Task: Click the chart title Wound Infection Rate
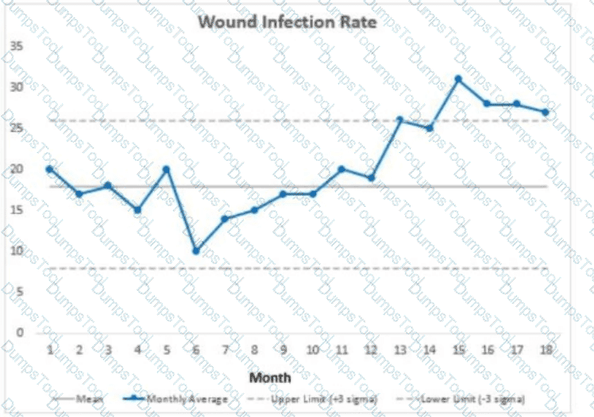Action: (287, 21)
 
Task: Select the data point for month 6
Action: (195, 251)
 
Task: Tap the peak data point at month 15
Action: (458, 79)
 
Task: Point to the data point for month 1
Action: (49, 169)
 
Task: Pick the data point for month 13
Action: (399, 120)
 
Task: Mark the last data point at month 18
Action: (546, 112)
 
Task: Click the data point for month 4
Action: (137, 210)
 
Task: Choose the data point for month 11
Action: (341, 169)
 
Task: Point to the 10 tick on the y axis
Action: (17, 251)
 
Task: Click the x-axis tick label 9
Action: (283, 349)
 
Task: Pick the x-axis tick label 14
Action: (429, 349)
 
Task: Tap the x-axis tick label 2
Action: (79, 349)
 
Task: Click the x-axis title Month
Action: (270, 377)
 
